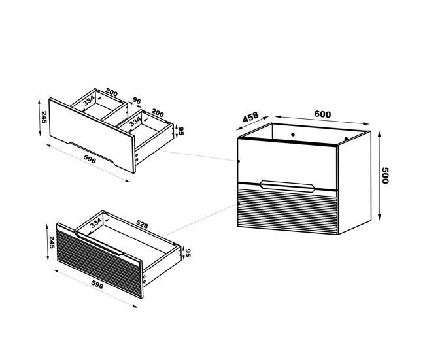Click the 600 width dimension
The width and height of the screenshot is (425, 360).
322,114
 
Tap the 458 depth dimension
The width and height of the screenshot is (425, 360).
250,118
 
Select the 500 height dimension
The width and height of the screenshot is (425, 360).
385,175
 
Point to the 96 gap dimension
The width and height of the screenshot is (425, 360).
137,101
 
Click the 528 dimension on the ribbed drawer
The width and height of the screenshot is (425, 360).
142,224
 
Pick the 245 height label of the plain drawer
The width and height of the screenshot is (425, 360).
44,117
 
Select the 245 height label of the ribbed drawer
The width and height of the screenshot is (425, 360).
52,242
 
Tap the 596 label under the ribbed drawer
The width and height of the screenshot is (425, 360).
97,284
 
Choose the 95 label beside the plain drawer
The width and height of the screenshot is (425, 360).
181,131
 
